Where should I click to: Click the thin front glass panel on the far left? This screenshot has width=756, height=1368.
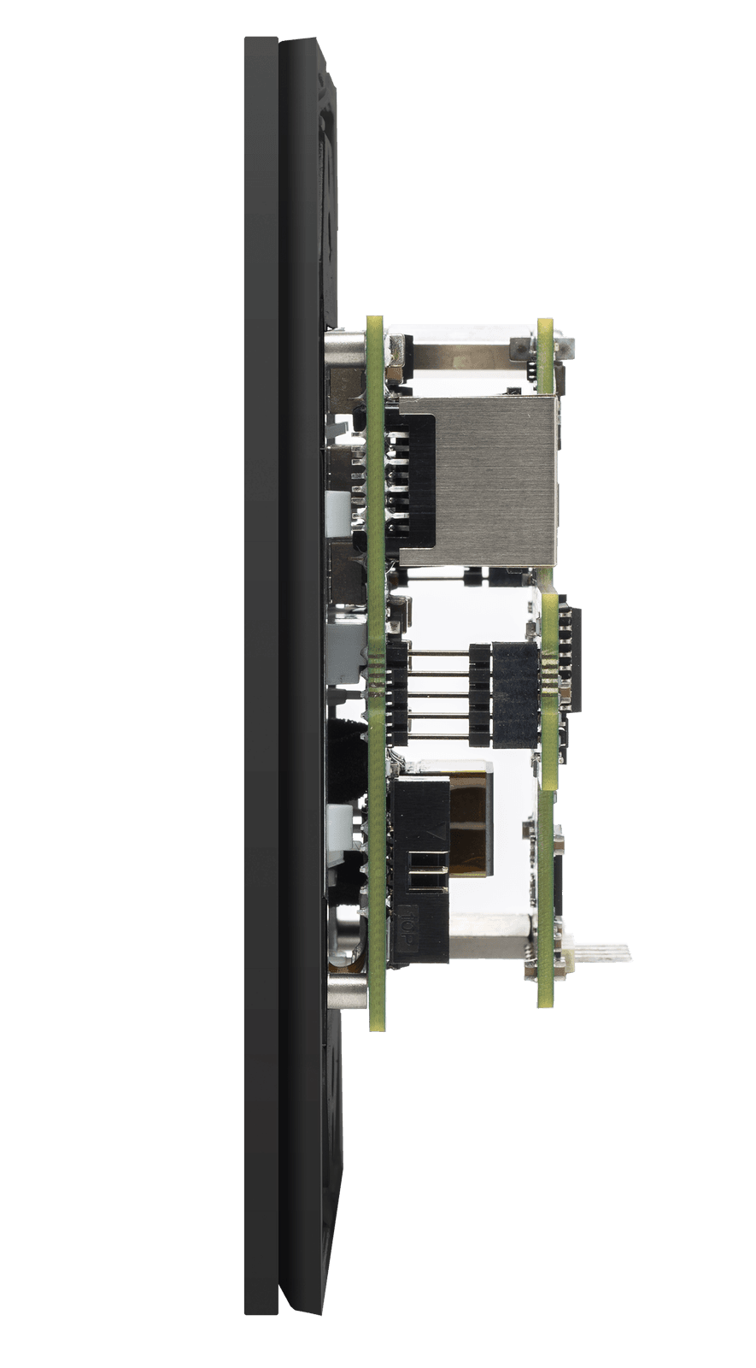(260, 684)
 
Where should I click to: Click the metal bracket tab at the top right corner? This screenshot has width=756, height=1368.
(564, 347)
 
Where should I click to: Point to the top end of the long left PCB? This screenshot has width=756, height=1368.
(374, 325)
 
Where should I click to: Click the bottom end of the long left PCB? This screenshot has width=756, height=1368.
(377, 1022)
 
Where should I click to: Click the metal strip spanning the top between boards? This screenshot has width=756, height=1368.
(461, 351)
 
